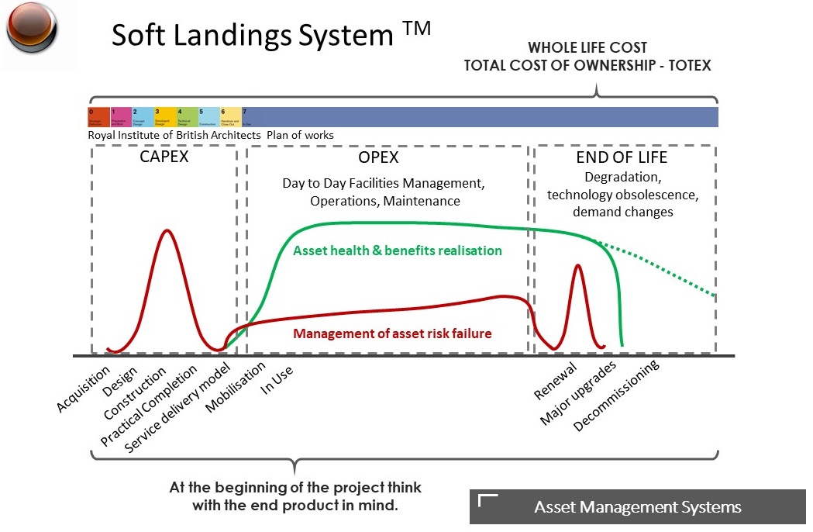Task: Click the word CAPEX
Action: [164, 157]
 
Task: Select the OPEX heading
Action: [378, 157]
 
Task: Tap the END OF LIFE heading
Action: [622, 157]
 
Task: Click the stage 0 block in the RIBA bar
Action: [98, 117]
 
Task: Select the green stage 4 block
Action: [187, 117]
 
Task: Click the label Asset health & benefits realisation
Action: [398, 250]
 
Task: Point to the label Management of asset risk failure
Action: [393, 333]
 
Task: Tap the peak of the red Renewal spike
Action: [577, 266]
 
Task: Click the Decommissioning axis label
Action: [616, 396]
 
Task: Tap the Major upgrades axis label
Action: [578, 393]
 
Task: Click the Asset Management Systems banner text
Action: [637, 507]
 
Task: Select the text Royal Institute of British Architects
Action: [176, 136]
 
